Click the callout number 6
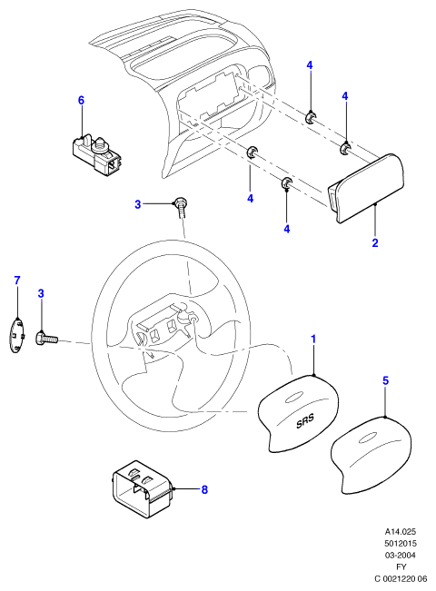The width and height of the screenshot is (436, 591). point(81,100)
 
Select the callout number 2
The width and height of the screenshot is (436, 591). point(374,242)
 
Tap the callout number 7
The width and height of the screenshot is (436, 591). point(17,281)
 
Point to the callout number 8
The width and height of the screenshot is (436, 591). point(204,489)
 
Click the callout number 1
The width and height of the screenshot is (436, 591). point(313,340)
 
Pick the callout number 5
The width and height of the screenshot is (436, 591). point(385,380)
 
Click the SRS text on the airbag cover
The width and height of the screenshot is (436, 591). point(305,420)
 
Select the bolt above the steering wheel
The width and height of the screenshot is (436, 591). point(182,208)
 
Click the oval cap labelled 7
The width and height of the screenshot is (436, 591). point(16,335)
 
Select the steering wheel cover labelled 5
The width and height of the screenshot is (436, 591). point(371,455)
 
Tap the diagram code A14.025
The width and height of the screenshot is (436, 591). point(401,531)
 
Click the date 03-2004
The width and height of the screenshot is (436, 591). point(401,555)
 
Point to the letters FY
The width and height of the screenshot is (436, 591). point(401,566)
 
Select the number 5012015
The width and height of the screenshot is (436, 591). point(401,543)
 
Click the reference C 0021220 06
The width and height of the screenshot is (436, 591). point(401,578)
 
